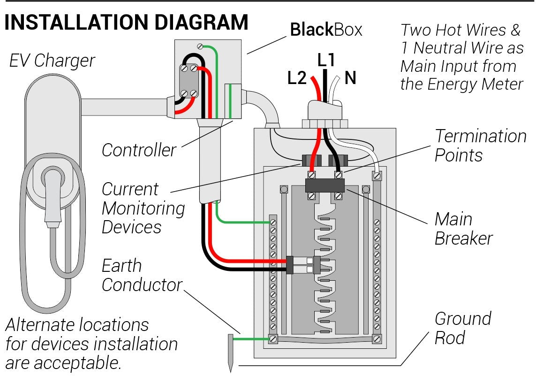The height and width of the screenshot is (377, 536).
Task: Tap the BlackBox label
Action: tap(326, 30)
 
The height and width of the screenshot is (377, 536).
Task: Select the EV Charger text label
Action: tap(52, 61)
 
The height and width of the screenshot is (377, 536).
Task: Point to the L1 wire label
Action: tap(326, 60)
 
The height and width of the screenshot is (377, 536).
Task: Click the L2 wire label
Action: tap(296, 78)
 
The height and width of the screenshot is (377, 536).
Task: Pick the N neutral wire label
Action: tap(350, 77)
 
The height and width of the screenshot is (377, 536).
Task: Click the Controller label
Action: tap(139, 150)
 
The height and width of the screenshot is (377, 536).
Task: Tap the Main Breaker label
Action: tap(463, 229)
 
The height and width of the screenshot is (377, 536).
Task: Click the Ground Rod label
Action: tap(462, 328)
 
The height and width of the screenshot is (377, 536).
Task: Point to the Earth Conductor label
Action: tap(142, 275)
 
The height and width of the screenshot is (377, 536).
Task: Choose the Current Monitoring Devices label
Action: tap(143, 208)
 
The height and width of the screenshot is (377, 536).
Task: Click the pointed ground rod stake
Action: tap(231, 352)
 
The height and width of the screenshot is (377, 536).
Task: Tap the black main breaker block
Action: tap(325, 185)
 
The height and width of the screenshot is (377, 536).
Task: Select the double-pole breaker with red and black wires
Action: tap(303, 265)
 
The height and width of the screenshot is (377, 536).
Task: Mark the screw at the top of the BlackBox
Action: tap(200, 46)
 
